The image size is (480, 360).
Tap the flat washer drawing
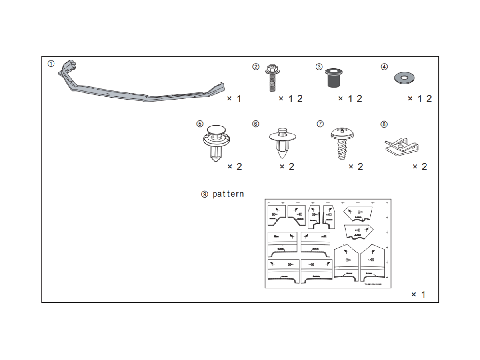404,77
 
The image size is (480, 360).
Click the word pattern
228,194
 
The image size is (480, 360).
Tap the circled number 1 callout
51,64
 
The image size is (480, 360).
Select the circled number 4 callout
384,67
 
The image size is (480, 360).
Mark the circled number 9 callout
205,194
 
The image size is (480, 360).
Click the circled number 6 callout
256,124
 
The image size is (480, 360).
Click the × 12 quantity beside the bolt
291,98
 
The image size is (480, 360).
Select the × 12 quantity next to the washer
420,98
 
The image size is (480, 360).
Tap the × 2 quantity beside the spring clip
420,166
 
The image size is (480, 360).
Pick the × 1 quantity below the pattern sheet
418,295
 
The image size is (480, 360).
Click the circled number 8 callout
384,124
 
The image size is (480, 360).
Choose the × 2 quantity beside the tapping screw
356,166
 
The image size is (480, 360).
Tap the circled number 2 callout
256,67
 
